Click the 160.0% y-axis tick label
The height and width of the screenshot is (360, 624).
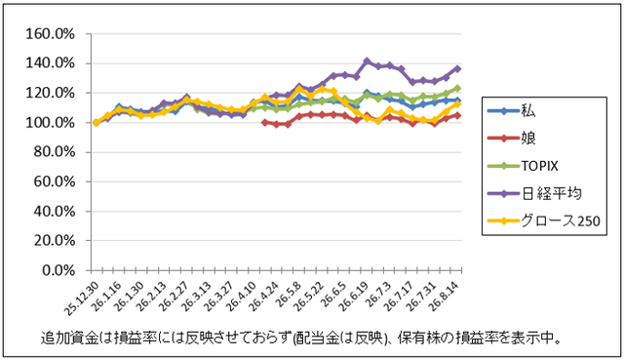click(50, 34)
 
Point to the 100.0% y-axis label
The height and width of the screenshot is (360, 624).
click(50, 123)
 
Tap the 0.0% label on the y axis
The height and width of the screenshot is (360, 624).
click(58, 271)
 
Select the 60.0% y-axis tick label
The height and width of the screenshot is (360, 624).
click(55, 182)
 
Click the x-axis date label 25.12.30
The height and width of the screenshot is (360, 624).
click(82, 298)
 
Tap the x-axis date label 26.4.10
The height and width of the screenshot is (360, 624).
click(242, 295)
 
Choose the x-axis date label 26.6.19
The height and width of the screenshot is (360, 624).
click(353, 295)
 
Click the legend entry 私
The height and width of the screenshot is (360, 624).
click(512, 110)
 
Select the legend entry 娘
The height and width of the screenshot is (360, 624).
click(512, 139)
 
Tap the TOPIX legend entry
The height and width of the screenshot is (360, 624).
click(523, 166)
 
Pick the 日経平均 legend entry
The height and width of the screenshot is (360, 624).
click(534, 193)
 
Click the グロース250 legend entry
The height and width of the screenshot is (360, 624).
click(544, 220)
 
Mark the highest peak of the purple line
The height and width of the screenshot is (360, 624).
click(367, 61)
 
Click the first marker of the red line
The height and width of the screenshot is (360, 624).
click(264, 123)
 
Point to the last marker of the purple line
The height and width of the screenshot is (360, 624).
click(457, 68)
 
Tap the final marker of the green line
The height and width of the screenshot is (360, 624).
click(457, 88)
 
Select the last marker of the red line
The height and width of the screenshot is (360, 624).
click(457, 115)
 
